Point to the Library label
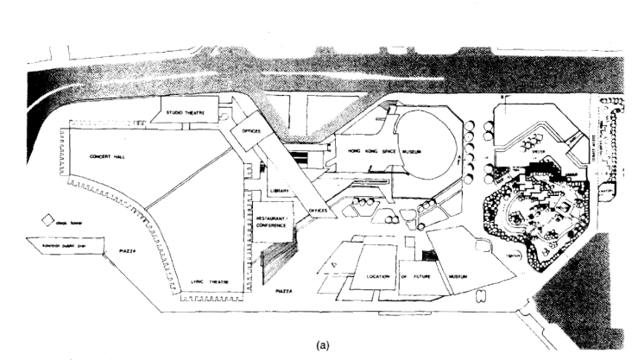click(277, 189)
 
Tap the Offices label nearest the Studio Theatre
click(251, 132)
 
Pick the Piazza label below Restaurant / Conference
click(286, 293)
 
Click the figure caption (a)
click(319, 340)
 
